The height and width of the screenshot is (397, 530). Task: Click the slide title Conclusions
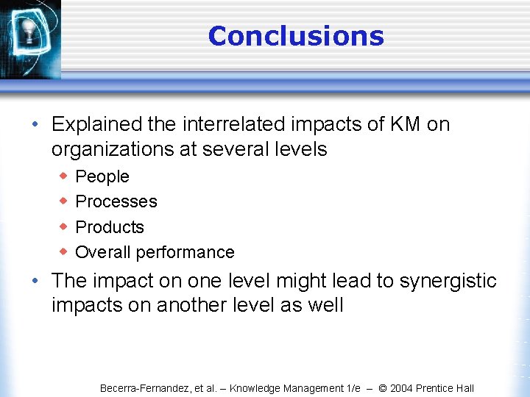pyautogui.click(x=296, y=36)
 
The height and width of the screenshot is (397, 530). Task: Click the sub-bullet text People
pyautogui.click(x=102, y=176)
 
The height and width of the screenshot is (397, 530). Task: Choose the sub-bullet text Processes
pyautogui.click(x=116, y=201)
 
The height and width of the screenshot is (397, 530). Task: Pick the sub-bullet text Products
pyautogui.click(x=110, y=227)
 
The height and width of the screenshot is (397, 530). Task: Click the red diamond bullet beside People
pyautogui.click(x=63, y=176)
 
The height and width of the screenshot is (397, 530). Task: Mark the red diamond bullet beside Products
pyautogui.click(x=63, y=226)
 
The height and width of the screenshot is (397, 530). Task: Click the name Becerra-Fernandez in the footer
pyautogui.click(x=144, y=388)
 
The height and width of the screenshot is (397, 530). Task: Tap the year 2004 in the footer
pyautogui.click(x=402, y=388)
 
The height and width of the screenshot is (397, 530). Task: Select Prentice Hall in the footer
pyautogui.click(x=446, y=388)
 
